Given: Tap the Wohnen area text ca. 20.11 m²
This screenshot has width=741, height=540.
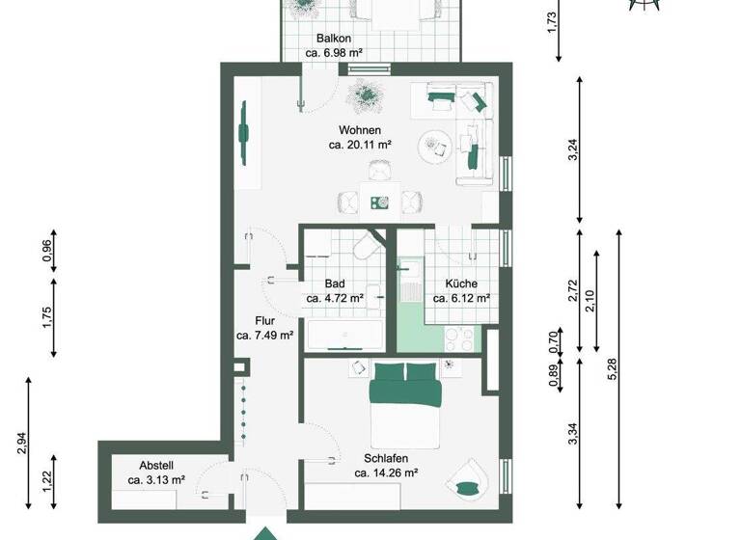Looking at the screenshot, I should click(x=359, y=145).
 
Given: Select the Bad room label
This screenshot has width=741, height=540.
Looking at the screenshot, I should click(x=335, y=284).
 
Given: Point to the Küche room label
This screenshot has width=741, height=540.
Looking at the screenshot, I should click(x=461, y=284).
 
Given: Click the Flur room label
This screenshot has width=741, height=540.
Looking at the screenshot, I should click(x=265, y=321).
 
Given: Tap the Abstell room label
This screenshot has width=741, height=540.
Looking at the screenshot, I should click(x=155, y=463).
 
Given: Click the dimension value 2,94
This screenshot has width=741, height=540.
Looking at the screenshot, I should click(x=22, y=443).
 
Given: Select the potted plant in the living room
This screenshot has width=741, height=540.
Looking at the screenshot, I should click(x=366, y=94).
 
